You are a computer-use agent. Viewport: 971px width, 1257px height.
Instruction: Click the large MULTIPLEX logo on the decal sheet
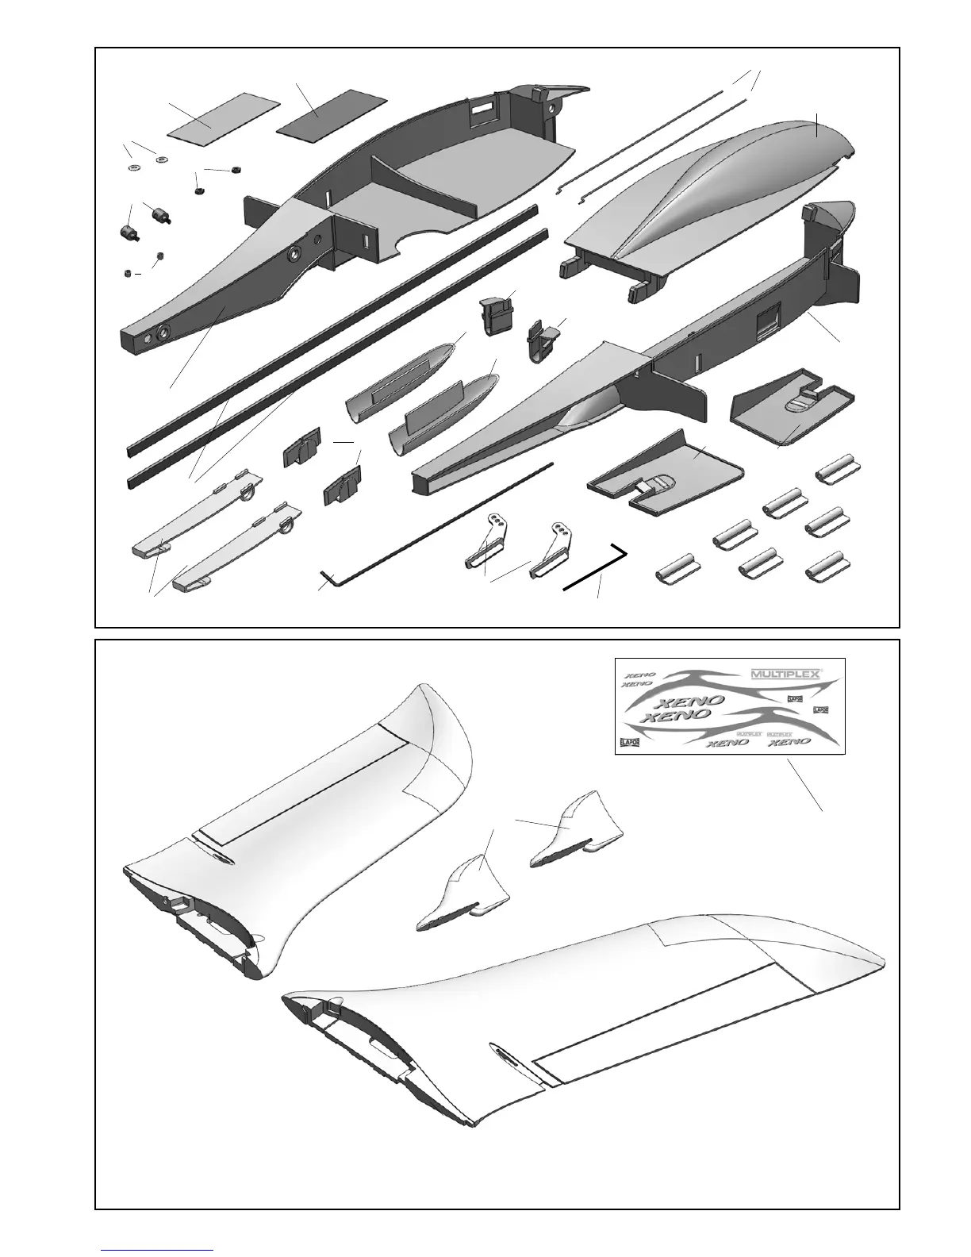786,673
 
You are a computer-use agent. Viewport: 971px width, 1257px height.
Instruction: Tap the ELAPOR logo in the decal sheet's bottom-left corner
628,743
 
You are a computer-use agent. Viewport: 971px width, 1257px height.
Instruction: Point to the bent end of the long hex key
328,576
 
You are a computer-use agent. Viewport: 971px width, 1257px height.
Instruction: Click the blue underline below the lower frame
157,1249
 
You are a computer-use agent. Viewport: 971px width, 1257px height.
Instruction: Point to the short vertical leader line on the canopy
816,123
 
